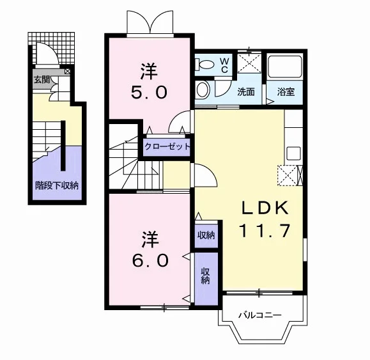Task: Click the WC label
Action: coord(224,65)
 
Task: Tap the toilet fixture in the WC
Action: coord(204,64)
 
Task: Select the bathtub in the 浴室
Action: coord(285,67)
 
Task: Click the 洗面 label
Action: coord(246,92)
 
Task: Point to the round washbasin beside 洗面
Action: coord(203,90)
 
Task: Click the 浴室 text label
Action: coord(286,92)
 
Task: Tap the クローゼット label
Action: coord(167,147)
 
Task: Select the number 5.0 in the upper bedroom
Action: coord(149,92)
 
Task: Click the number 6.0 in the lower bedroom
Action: coord(150,260)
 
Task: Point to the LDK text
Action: coord(265,208)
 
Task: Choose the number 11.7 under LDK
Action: coord(265,231)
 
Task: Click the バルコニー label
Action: coord(260,315)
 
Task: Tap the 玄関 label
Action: coord(42,80)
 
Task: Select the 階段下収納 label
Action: coord(57,185)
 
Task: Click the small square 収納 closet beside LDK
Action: coord(206,235)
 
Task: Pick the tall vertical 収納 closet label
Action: coord(206,276)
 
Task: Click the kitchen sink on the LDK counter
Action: coord(293,153)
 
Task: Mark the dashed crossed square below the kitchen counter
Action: coord(288,176)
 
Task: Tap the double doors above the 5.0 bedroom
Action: coord(150,22)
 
